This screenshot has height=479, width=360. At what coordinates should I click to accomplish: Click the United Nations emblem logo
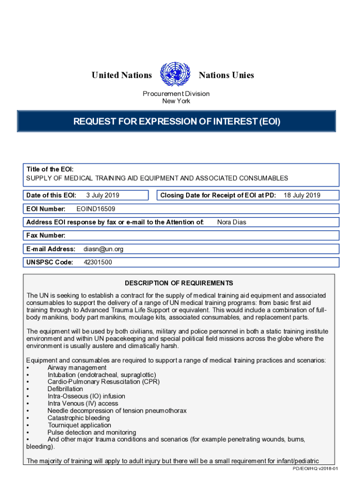tap(175, 74)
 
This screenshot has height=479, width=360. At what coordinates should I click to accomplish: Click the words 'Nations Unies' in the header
tap(226, 75)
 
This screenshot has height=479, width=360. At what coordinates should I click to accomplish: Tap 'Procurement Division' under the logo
tap(176, 94)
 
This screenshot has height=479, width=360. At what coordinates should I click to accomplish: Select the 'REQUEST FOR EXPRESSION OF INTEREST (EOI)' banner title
tap(177, 122)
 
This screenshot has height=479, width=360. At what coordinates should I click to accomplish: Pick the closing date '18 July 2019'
tap(302, 195)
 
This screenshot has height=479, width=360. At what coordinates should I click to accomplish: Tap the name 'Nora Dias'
tap(231, 222)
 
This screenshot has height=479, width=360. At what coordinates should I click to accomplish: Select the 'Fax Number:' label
tap(46, 235)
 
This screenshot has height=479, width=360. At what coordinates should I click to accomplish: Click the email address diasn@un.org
tap(103, 249)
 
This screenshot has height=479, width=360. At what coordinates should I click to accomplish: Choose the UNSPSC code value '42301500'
tap(98, 262)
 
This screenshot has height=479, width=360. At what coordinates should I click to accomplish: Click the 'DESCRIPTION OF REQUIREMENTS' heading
tap(179, 283)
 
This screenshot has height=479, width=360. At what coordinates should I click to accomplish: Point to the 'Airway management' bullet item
tap(77, 368)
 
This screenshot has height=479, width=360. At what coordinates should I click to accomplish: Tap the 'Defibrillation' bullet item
tap(65, 389)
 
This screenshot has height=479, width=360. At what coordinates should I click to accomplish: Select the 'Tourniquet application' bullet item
tap(79, 425)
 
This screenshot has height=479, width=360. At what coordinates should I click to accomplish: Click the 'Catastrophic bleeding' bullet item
tap(79, 418)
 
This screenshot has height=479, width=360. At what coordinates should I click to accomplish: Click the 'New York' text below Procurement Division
tap(176, 101)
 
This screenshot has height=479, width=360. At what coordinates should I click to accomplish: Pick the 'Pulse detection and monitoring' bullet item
tap(92, 432)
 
